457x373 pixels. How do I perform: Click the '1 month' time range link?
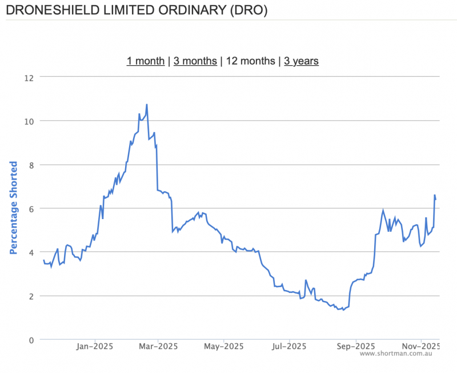tap(146, 61)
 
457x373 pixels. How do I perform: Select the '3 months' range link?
tap(195, 61)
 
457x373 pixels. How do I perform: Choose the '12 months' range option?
tap(250, 61)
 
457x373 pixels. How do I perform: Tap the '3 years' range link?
tap(301, 61)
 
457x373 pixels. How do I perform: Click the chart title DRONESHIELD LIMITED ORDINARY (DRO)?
tap(135, 10)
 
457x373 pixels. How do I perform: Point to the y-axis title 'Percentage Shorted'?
tap(14, 208)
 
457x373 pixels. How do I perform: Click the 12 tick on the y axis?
tap(29, 77)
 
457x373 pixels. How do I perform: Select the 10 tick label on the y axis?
tap(29, 121)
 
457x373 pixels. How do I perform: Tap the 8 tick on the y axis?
tap(31, 165)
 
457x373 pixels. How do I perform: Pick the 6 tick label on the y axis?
tap(31, 209)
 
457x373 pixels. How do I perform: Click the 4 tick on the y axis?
tap(31, 252)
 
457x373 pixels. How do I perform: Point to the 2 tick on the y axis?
tap(31, 296)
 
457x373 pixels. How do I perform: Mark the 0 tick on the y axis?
tap(31, 340)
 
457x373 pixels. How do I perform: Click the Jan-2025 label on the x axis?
tap(95, 346)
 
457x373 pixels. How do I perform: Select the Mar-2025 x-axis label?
tap(159, 346)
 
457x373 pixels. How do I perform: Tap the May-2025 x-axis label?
tap(224, 346)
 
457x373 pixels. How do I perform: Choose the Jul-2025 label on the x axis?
tap(290, 346)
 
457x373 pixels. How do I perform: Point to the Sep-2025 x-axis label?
tap(355, 346)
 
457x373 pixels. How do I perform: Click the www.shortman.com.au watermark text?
tap(395, 354)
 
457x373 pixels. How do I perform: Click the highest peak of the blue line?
tap(147, 105)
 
